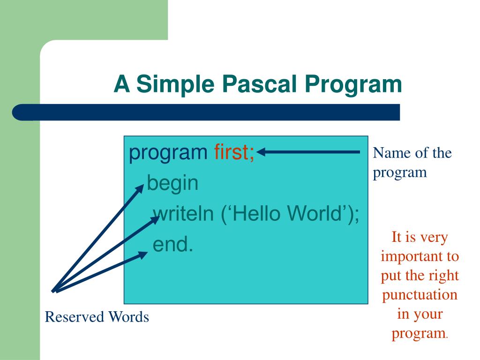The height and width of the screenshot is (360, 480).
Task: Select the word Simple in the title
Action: click(176, 84)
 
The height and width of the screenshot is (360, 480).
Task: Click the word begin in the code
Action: click(172, 183)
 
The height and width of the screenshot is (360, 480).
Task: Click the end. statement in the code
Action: click(173, 244)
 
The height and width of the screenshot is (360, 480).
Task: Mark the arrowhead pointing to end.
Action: click(143, 255)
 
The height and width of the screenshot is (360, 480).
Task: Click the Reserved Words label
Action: click(97, 317)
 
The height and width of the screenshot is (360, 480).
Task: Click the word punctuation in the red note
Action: click(420, 295)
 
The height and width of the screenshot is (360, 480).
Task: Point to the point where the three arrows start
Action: click(53, 291)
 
